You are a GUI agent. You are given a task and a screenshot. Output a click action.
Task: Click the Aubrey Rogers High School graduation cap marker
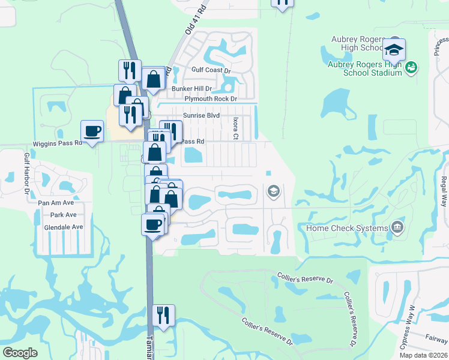click(394, 50)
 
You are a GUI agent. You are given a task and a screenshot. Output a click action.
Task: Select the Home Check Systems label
click(347, 228)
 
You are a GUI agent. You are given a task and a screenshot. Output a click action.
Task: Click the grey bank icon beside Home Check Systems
click(396, 227)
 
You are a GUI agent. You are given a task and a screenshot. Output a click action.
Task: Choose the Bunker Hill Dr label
click(192, 88)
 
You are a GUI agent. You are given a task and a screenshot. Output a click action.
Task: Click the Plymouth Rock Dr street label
click(211, 98)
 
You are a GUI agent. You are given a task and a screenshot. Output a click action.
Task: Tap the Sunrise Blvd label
click(201, 115)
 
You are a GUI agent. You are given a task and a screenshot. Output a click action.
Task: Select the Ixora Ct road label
click(235, 128)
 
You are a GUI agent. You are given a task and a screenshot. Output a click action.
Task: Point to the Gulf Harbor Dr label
click(26, 173)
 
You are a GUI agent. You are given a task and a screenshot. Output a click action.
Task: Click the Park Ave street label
click(63, 215)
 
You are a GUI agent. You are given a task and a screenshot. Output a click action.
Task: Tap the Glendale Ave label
click(63, 227)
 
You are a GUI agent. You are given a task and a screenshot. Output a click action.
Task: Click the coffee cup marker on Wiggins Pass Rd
click(92, 131)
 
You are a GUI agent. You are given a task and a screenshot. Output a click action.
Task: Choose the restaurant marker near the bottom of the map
click(163, 315)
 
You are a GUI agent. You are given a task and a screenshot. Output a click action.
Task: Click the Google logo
click(20, 352)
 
